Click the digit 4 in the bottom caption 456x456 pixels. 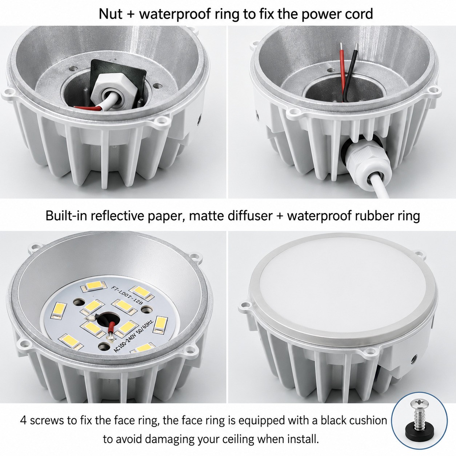pyautogui.click(x=24, y=420)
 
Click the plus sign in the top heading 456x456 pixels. pyautogui.click(x=131, y=15)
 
